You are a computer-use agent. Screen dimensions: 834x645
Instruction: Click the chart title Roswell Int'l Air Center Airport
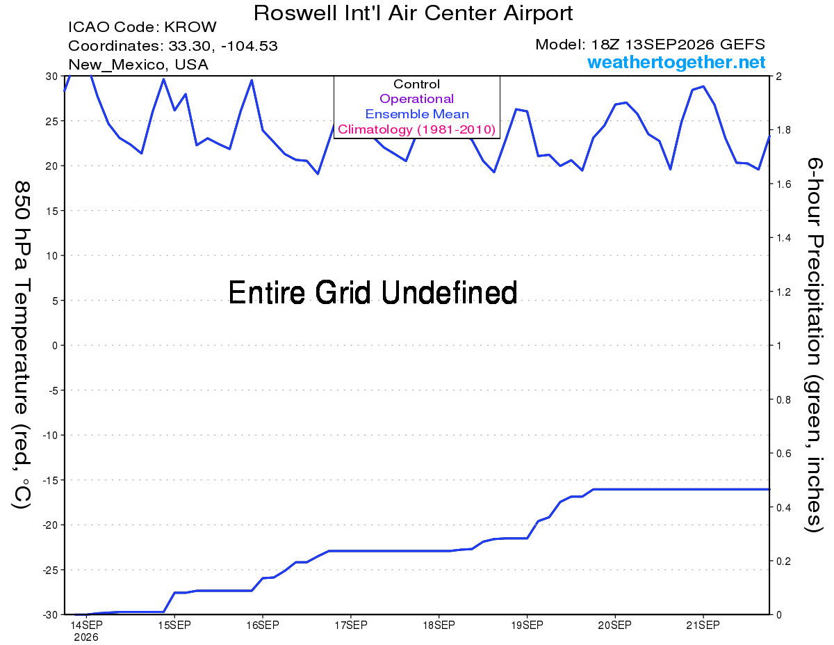[413, 13]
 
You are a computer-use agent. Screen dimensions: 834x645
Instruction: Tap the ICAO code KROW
[190, 27]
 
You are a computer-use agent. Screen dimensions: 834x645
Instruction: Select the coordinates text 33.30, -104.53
[222, 46]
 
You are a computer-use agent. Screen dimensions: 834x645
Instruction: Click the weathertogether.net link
[676, 62]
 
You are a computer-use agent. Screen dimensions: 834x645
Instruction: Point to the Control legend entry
[416, 84]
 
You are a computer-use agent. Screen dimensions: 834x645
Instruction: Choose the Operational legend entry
[416, 99]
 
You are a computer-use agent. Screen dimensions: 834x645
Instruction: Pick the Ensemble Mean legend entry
[417, 114]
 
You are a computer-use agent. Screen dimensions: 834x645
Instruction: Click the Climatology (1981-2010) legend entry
[416, 129]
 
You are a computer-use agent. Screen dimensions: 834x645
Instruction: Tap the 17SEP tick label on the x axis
[350, 625]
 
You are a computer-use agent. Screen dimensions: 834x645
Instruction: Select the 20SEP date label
[614, 625]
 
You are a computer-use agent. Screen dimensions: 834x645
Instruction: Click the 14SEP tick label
[86, 625]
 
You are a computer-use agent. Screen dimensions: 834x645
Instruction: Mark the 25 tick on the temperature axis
[52, 121]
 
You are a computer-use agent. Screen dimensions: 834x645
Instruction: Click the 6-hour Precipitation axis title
[813, 345]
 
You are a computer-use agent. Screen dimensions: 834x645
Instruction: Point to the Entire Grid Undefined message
[373, 293]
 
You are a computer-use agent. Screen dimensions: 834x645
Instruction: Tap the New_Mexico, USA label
[138, 65]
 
